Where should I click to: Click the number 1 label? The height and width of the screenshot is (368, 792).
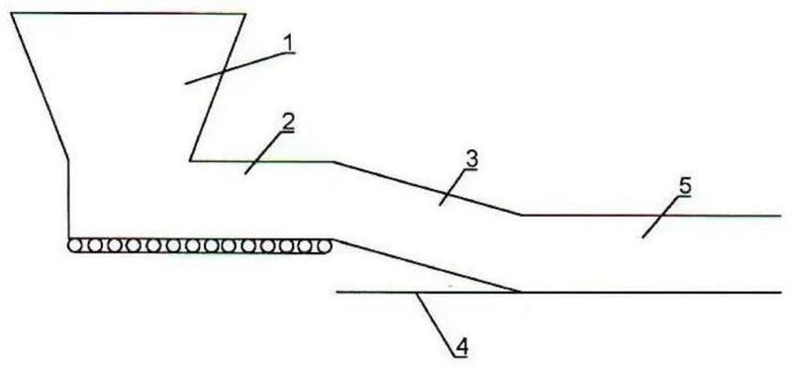[x=288, y=44]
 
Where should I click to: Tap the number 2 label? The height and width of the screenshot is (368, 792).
[x=288, y=122]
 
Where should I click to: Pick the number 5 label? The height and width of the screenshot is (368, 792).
[x=684, y=187]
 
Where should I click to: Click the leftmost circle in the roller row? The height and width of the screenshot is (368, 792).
[x=75, y=246]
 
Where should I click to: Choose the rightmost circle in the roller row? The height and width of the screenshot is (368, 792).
[x=325, y=246]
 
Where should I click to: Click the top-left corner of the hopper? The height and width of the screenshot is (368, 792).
[x=11, y=14]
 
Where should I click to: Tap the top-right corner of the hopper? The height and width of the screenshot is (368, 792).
[x=246, y=14]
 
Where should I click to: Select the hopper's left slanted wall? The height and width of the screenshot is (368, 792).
[x=40, y=86]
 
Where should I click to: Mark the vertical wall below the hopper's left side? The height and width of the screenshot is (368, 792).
[x=68, y=199]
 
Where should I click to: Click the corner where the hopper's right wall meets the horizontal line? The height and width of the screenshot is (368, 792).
[x=190, y=161]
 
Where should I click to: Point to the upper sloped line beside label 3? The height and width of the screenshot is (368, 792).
[x=428, y=188]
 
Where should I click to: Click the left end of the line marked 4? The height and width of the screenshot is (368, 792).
[x=337, y=292]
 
